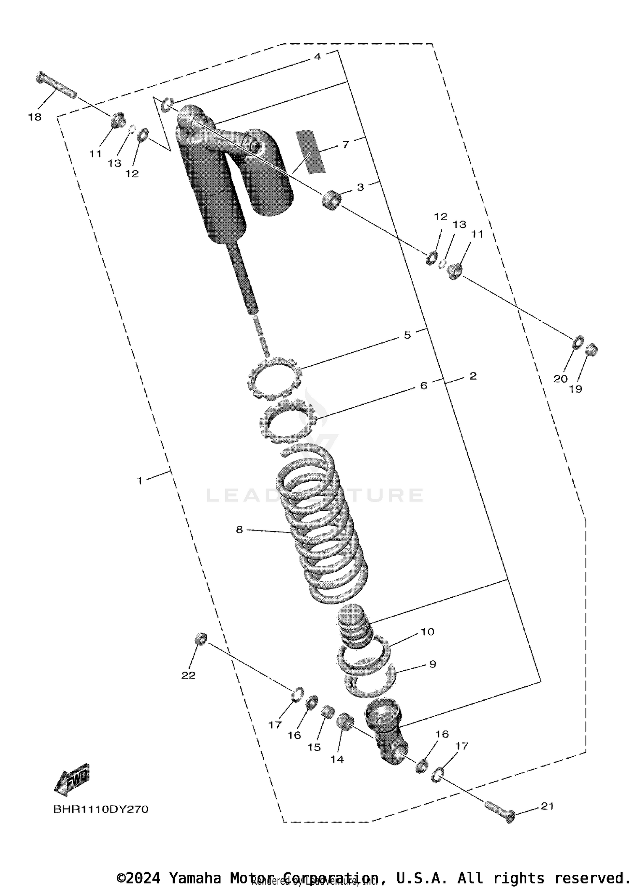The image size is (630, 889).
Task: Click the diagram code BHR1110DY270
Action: [101, 809]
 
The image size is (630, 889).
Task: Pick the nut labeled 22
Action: [200, 638]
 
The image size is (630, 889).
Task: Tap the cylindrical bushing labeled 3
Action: [332, 200]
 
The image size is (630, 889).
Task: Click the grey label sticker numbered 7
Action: [310, 151]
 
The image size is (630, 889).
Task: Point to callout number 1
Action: [140, 480]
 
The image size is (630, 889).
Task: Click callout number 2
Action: [473, 376]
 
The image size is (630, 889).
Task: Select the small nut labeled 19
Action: [592, 349]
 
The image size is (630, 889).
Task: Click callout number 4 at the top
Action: [318, 57]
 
